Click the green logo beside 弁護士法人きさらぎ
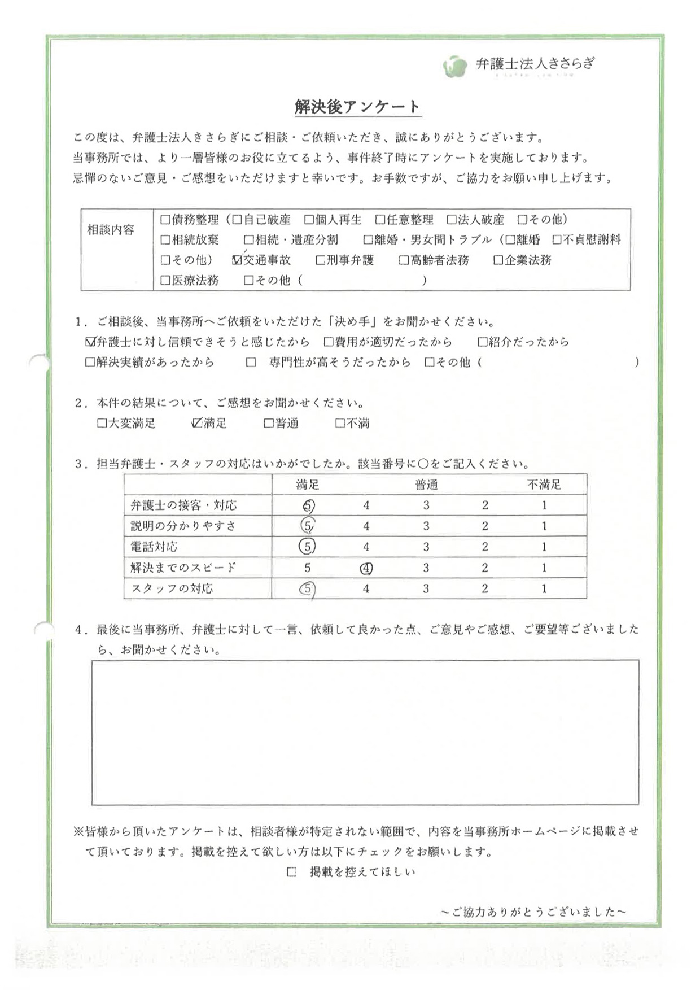pos(454,67)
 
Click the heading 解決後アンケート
pos(357,107)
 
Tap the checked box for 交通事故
pos(237,260)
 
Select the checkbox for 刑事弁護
pos(321,260)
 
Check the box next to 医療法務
pos(165,280)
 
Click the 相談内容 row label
pos(111,230)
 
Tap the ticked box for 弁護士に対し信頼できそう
pos(90,342)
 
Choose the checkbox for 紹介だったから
pos(483,342)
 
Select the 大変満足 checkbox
pos(102,423)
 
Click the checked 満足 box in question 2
pos(197,423)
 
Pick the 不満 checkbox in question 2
pos(340,423)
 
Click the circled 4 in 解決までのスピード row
pos(366,568)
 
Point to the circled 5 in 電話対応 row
pos(308,547)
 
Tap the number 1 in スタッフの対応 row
pos(544,588)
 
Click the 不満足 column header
pos(544,485)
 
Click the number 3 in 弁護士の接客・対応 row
pos(426,505)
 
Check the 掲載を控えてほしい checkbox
pos(291,872)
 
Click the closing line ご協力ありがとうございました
pos(533,912)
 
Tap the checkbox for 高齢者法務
pos(404,260)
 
